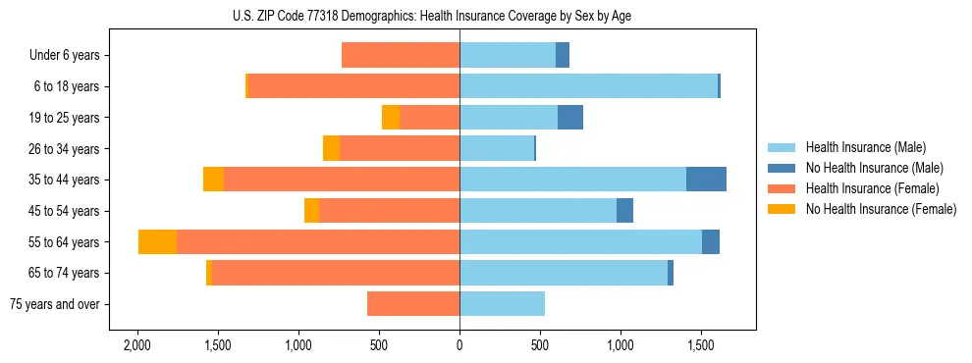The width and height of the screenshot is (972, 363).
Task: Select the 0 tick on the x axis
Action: pos(459,346)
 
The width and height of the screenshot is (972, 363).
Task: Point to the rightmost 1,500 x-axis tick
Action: pos(701,346)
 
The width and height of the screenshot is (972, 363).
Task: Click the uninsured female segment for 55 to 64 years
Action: pos(157,242)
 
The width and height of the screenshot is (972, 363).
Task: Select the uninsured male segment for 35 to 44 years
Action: pos(706,180)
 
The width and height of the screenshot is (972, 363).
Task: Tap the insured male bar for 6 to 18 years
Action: pos(588,86)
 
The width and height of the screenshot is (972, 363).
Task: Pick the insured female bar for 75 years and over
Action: pos(413,304)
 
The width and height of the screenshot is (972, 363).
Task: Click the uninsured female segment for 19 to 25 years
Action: pos(391,118)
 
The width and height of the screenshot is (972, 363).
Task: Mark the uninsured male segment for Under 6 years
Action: pos(563,56)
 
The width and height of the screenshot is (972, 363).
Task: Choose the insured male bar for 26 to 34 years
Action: pos(496,149)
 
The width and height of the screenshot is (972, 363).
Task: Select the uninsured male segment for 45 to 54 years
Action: pos(624,211)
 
